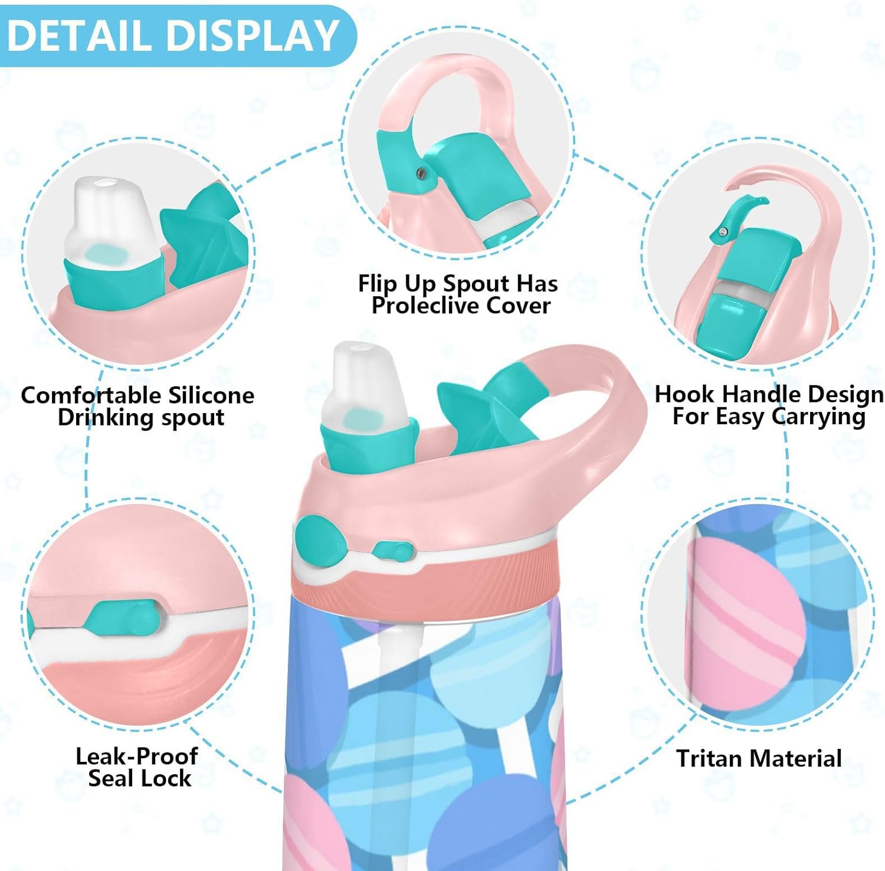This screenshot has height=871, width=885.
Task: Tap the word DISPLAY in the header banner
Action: [253, 35]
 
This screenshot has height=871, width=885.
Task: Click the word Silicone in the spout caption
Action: [211, 395]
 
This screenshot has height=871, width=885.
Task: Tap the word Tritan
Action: [713, 758]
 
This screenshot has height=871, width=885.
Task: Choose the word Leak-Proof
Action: [137, 757]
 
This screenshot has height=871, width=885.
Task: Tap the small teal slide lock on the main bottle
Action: [392, 551]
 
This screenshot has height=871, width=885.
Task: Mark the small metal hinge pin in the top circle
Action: [421, 173]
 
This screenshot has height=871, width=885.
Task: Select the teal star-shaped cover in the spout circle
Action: [204, 236]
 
